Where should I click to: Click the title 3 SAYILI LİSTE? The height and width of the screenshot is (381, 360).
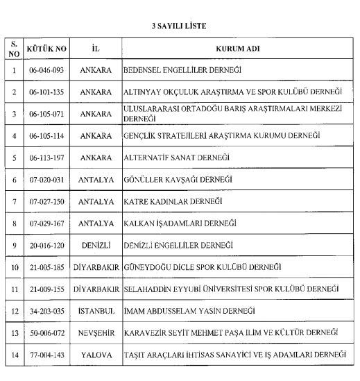tap(180, 26)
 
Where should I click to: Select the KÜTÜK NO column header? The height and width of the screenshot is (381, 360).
tap(46, 50)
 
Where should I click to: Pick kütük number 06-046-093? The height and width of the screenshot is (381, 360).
tap(46, 71)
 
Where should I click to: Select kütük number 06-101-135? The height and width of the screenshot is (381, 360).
tap(46, 92)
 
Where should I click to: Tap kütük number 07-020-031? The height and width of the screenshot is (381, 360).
tap(46, 180)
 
